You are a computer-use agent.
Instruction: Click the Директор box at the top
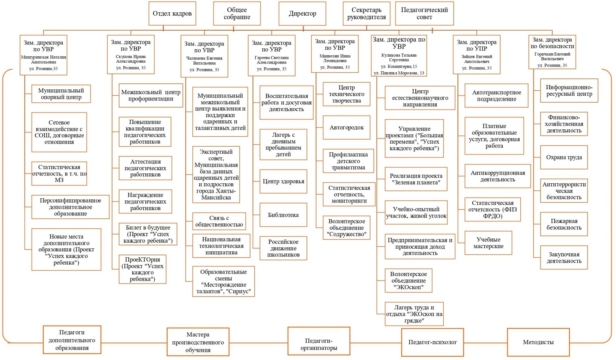click(x=302, y=14)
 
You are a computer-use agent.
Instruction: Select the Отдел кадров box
click(x=172, y=14)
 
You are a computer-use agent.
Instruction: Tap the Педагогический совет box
click(x=424, y=14)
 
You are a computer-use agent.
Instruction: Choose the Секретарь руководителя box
click(x=366, y=14)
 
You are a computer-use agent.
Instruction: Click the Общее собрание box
click(x=237, y=14)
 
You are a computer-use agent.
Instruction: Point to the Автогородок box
click(x=346, y=128)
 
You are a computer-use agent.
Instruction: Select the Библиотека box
click(x=283, y=215)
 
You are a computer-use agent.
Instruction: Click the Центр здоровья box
click(x=283, y=182)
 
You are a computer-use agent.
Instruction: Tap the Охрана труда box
click(x=564, y=157)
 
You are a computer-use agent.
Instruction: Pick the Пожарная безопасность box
click(x=564, y=224)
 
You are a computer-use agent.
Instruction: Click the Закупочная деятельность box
click(x=564, y=258)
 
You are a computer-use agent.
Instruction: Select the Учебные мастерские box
click(x=488, y=243)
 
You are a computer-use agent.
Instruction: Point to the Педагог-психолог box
click(x=432, y=342)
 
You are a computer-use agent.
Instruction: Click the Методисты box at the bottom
click(x=538, y=342)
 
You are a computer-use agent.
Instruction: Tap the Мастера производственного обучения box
click(x=198, y=342)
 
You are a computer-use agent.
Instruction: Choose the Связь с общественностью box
click(x=219, y=221)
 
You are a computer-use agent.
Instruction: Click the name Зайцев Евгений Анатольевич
click(x=477, y=59)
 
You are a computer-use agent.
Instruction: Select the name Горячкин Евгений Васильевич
click(x=552, y=56)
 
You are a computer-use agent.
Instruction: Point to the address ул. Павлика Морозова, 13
click(x=399, y=73)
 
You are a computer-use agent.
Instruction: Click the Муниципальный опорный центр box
click(x=61, y=94)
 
